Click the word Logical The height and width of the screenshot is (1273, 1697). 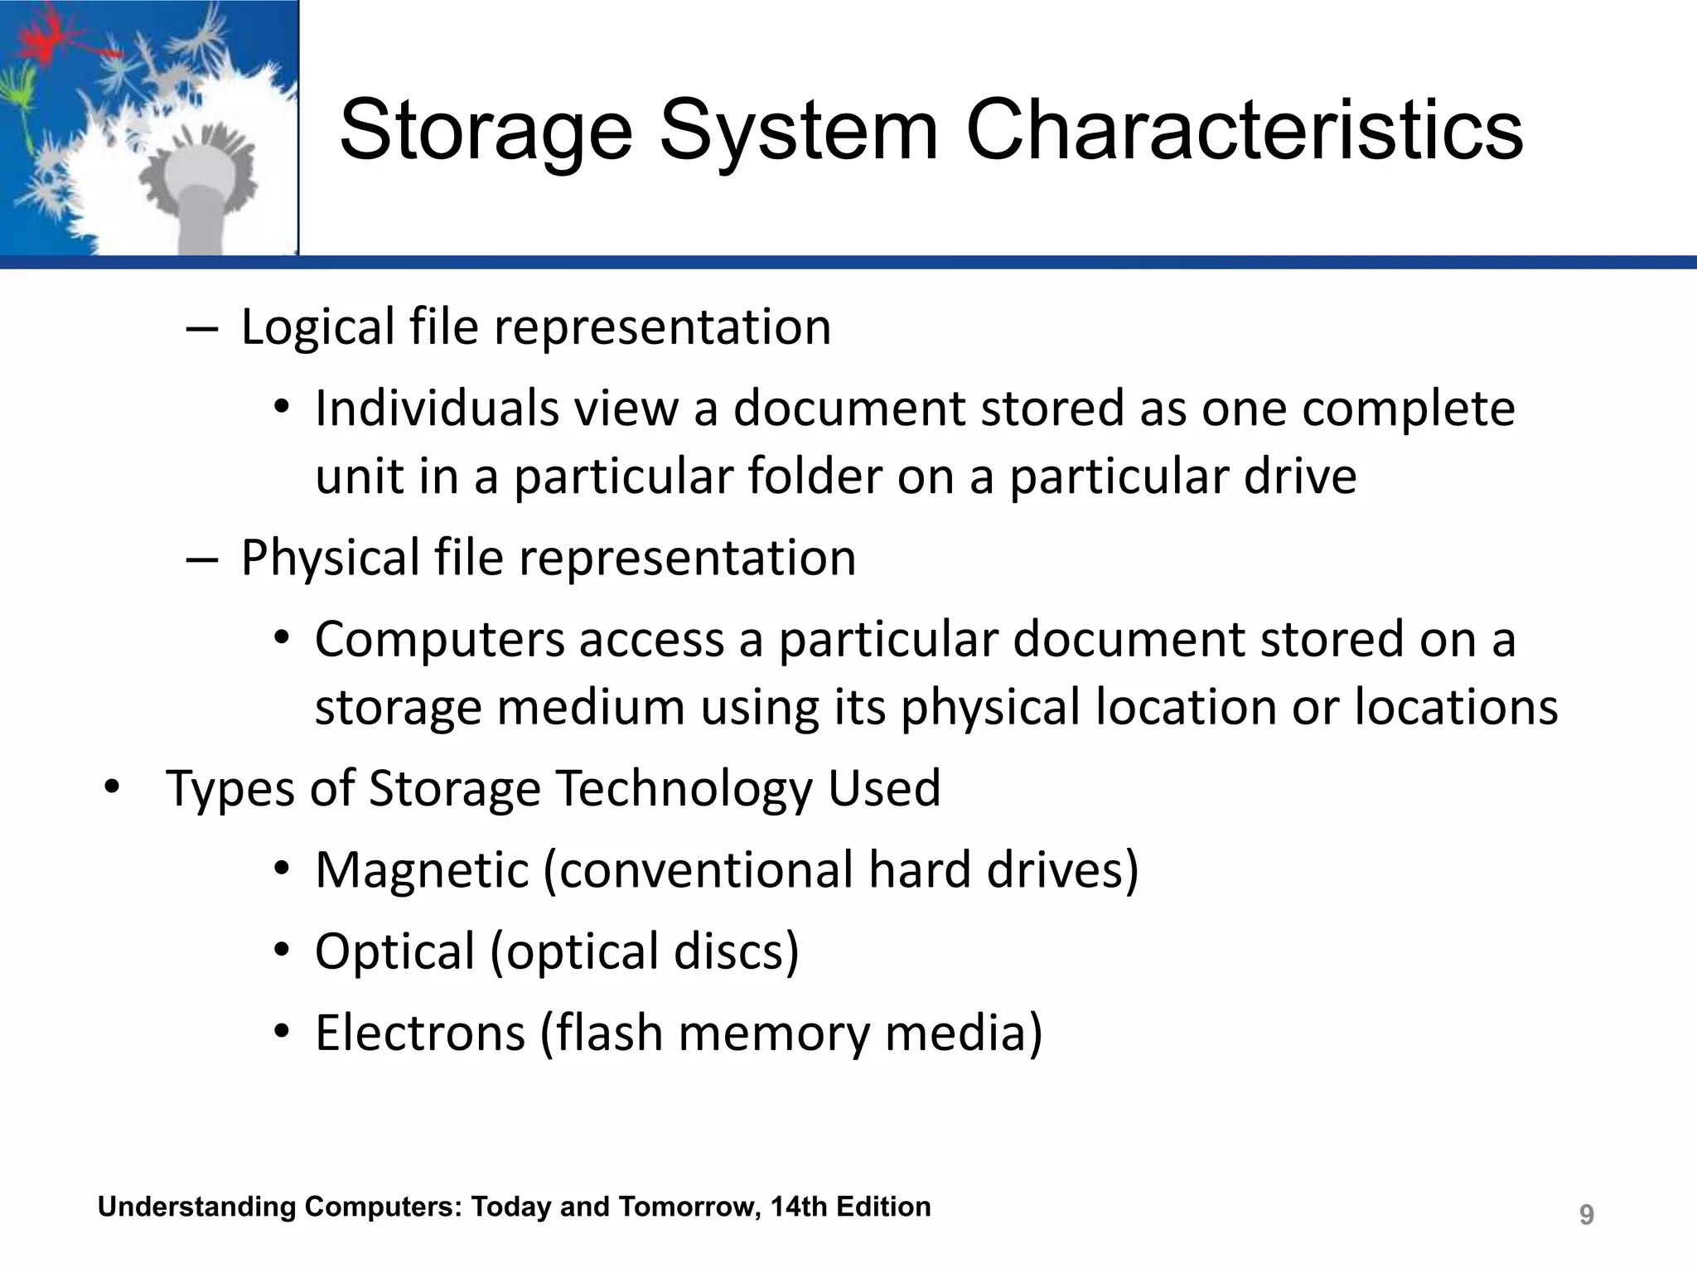click(x=317, y=327)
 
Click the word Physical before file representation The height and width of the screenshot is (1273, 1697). click(x=330, y=559)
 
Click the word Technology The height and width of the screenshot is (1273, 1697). click(x=684, y=788)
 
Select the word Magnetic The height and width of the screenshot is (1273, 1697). click(x=422, y=870)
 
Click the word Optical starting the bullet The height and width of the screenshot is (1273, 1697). click(x=394, y=951)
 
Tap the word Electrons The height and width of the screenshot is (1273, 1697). click(x=420, y=1033)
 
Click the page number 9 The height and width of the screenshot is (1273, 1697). click(x=1586, y=1215)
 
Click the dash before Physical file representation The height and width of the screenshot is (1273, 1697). click(x=201, y=559)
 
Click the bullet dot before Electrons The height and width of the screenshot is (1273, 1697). click(x=282, y=1033)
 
